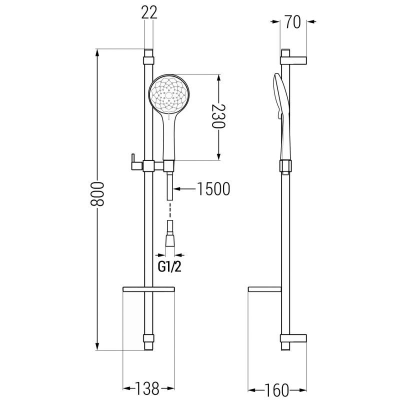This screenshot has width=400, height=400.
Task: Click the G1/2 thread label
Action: tap(170, 266)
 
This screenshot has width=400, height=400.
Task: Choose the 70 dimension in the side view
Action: tap(293, 22)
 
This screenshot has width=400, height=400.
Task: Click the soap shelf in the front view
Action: tap(148, 289)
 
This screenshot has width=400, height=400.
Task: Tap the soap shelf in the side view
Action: tap(265, 289)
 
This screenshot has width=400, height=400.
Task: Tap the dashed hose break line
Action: tap(170, 209)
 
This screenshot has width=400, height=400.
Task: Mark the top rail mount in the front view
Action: tap(148, 59)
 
